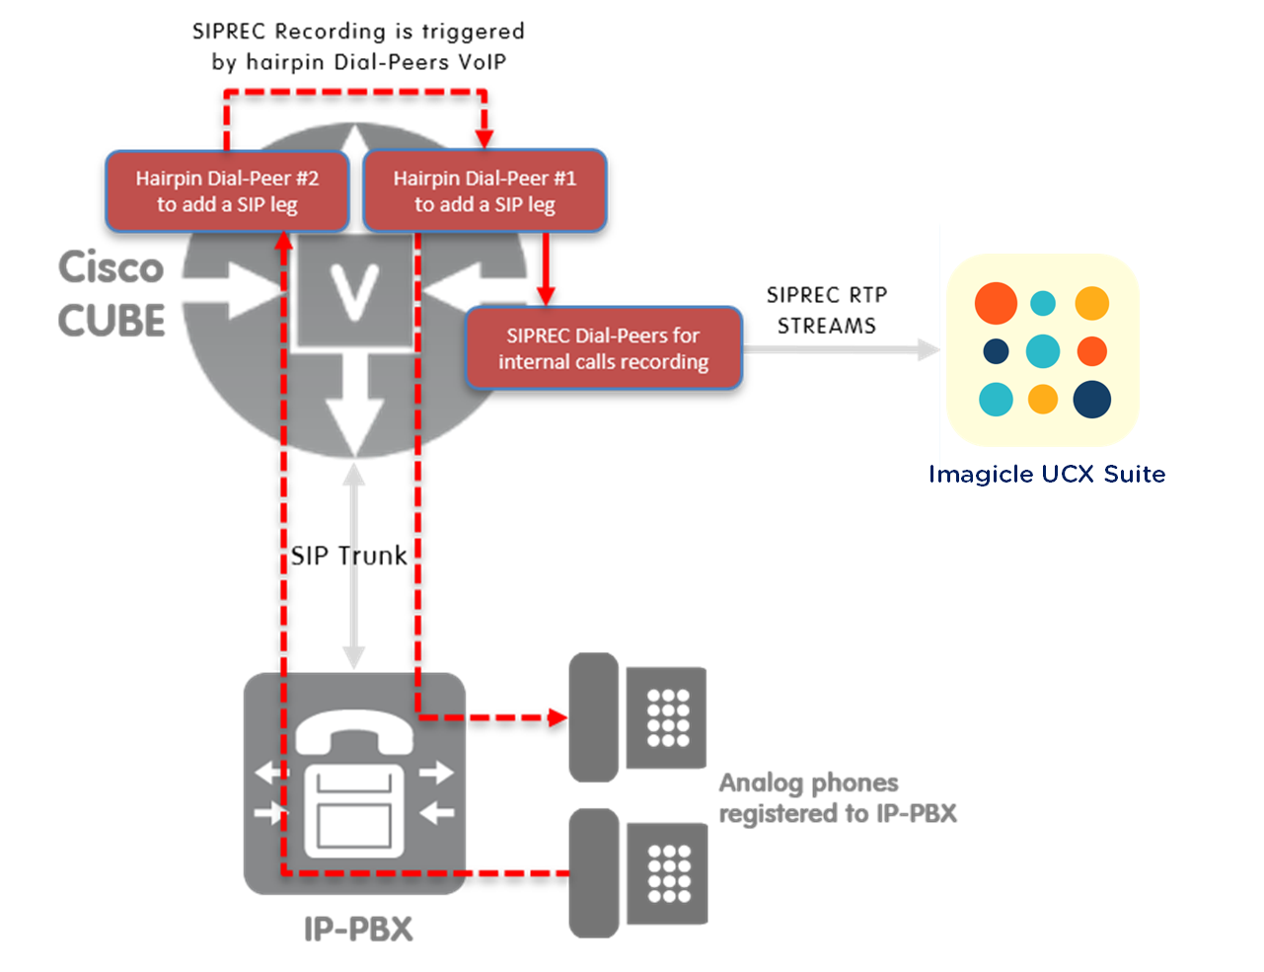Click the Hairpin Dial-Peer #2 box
(x=227, y=191)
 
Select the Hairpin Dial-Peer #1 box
(x=484, y=191)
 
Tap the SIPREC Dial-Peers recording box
(x=603, y=348)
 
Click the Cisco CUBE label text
(x=111, y=293)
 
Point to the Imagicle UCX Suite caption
(x=1049, y=475)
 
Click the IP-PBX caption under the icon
(x=357, y=930)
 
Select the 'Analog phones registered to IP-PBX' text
(x=837, y=798)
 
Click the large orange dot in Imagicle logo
(x=996, y=303)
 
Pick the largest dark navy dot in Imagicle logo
(x=1091, y=399)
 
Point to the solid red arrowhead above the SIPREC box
(x=545, y=295)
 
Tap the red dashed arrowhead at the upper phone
(x=558, y=717)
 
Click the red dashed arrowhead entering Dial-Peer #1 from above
(x=483, y=138)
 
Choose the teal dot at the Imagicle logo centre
(x=1043, y=350)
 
